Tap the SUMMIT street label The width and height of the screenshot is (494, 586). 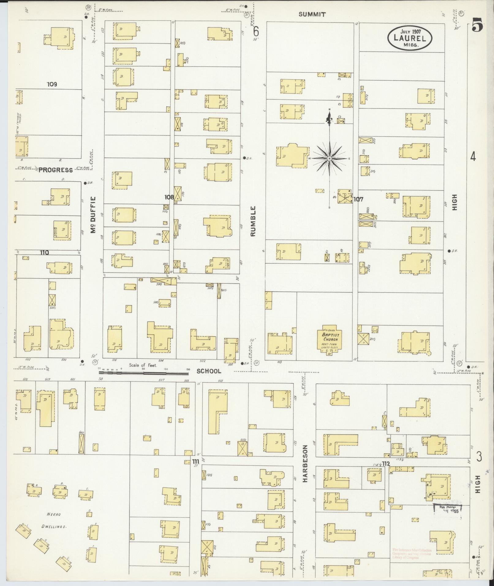pos(312,14)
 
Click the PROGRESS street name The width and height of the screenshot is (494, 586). pos(55,170)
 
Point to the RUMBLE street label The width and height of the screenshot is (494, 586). pos(253,221)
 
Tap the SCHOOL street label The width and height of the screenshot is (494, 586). pos(209,371)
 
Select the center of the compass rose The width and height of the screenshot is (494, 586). pos(329,158)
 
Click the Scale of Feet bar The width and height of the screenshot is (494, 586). pos(144,373)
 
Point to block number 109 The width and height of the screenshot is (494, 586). pos(52,84)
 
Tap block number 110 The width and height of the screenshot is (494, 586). pos(44,252)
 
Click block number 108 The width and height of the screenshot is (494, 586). pos(169,197)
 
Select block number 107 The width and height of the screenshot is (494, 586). pos(358,199)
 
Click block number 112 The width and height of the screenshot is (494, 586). pos(386,464)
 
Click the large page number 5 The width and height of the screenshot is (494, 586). pos(477,25)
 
